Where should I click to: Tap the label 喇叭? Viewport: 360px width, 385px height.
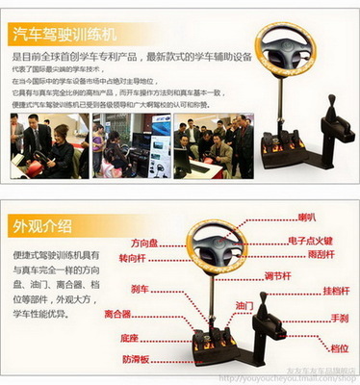307,218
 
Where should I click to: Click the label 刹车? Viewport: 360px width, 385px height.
140,289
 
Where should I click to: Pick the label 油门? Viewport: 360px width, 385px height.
245,306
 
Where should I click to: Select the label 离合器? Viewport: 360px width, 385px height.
117,314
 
